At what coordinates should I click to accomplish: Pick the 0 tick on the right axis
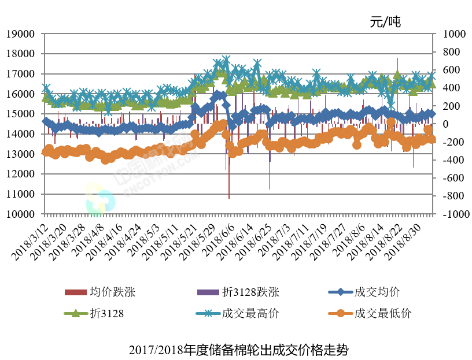click(445, 124)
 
